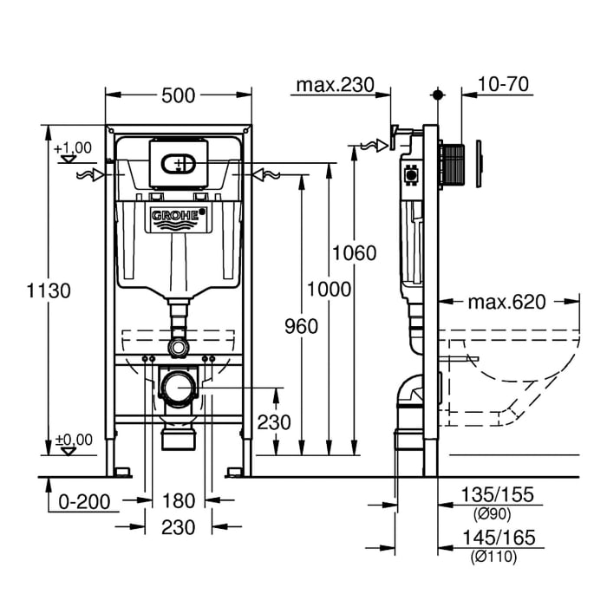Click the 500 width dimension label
coord(179,95)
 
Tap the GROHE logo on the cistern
coord(179,216)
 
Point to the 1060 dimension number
coord(355,253)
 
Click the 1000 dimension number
coord(330,289)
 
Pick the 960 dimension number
coord(301,326)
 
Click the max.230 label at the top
coord(334,85)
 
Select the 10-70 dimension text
coord(503,85)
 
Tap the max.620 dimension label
coord(506,302)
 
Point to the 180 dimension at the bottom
coord(179,500)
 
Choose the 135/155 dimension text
coord(497,495)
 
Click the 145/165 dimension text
coord(499,538)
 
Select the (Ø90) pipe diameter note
coord(491,513)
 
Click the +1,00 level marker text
coord(73,148)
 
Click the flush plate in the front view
coord(179,162)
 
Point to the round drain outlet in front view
coord(179,387)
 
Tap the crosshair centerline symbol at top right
coord(438,93)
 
